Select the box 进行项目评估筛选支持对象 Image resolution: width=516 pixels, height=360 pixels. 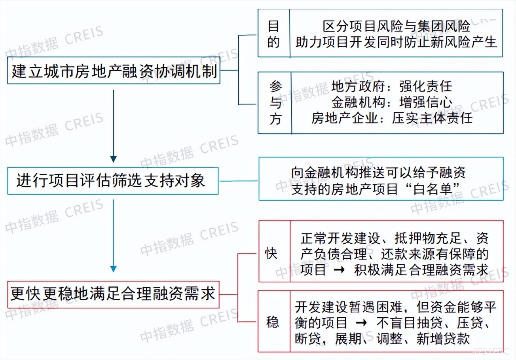pos(113,181)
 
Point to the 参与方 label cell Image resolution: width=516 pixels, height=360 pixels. pos(275,102)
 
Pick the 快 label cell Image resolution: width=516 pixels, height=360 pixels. pos(271,254)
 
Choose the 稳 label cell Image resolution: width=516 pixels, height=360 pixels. pos(272,322)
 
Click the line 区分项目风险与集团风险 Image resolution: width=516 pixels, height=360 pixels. pos(396,27)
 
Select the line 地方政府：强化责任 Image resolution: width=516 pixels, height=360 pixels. pos(391,86)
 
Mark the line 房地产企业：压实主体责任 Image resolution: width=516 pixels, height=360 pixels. pos(392,118)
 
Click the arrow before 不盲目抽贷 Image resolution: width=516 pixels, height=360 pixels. pos(361,322)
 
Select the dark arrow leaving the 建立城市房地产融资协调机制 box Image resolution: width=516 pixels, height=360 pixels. pos(114,127)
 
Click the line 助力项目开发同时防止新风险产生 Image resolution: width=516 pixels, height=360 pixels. pos(396,42)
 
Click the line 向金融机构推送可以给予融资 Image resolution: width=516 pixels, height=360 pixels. pos(378,172)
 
